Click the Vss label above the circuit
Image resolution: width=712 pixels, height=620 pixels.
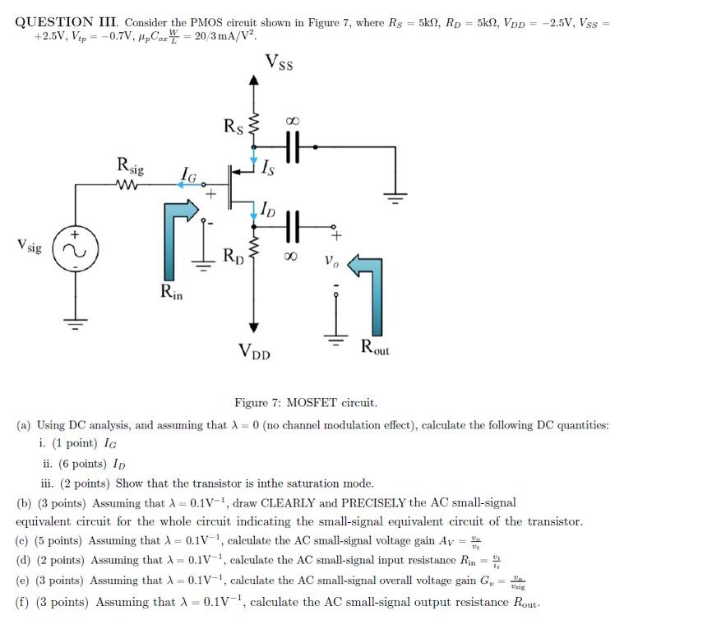280,62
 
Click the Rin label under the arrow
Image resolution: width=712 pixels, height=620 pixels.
171,290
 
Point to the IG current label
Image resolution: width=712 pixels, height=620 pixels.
188,174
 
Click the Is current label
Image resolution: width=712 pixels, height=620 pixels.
268,170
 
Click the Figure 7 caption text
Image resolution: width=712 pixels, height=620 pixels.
306,403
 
